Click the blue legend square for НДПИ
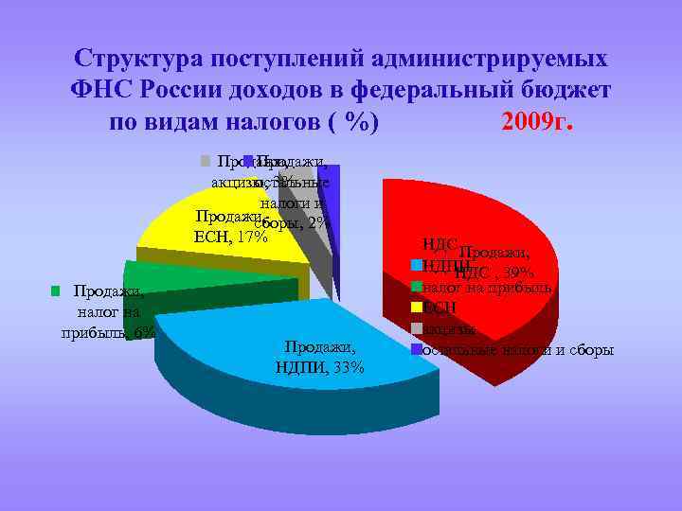[x=415, y=265]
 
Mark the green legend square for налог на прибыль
[x=415, y=286]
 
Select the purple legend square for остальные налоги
[x=415, y=351]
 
